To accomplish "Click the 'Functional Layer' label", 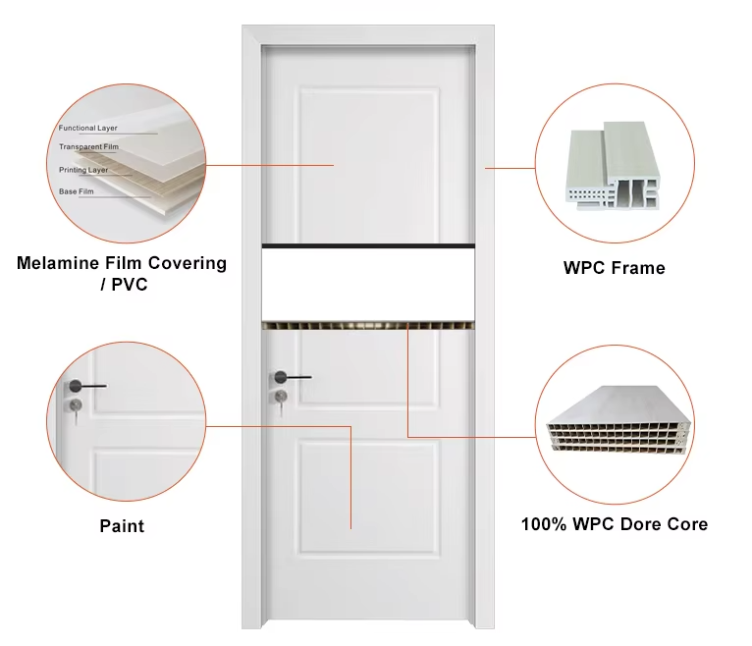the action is point(87,128).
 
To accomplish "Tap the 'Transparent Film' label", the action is point(88,146).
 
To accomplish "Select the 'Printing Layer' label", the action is point(83,170).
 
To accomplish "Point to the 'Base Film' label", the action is point(77,191).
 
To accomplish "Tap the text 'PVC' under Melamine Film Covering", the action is point(130,285).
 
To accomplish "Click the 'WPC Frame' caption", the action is point(615,268).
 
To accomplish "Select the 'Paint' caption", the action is point(122,526).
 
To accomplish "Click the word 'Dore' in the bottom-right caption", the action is point(641,524).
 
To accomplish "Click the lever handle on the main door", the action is point(293,377).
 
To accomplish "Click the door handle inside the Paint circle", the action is point(87,386).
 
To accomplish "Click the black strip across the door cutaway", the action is point(368,246).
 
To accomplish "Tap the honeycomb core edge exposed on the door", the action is point(368,326).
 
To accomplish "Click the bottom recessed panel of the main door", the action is point(368,499).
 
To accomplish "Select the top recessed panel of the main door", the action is point(368,166).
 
